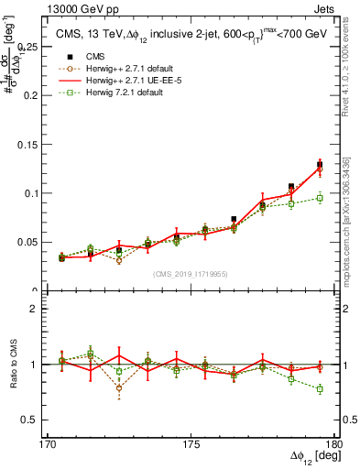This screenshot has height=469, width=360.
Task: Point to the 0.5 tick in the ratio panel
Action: point(29,420)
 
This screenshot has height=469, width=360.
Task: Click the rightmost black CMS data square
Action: point(320,165)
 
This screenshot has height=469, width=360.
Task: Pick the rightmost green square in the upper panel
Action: point(320,198)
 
